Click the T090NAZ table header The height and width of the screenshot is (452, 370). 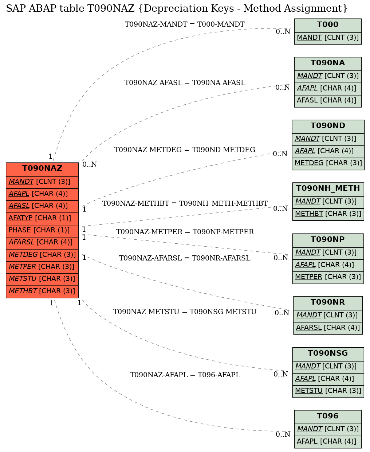pos(42,169)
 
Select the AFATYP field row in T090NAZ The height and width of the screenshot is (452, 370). pos(42,219)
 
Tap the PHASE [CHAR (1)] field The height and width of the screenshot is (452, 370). pos(42,231)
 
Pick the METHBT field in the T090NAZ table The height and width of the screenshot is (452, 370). pos(42,291)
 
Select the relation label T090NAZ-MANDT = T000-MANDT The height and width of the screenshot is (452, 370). pos(185,24)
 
